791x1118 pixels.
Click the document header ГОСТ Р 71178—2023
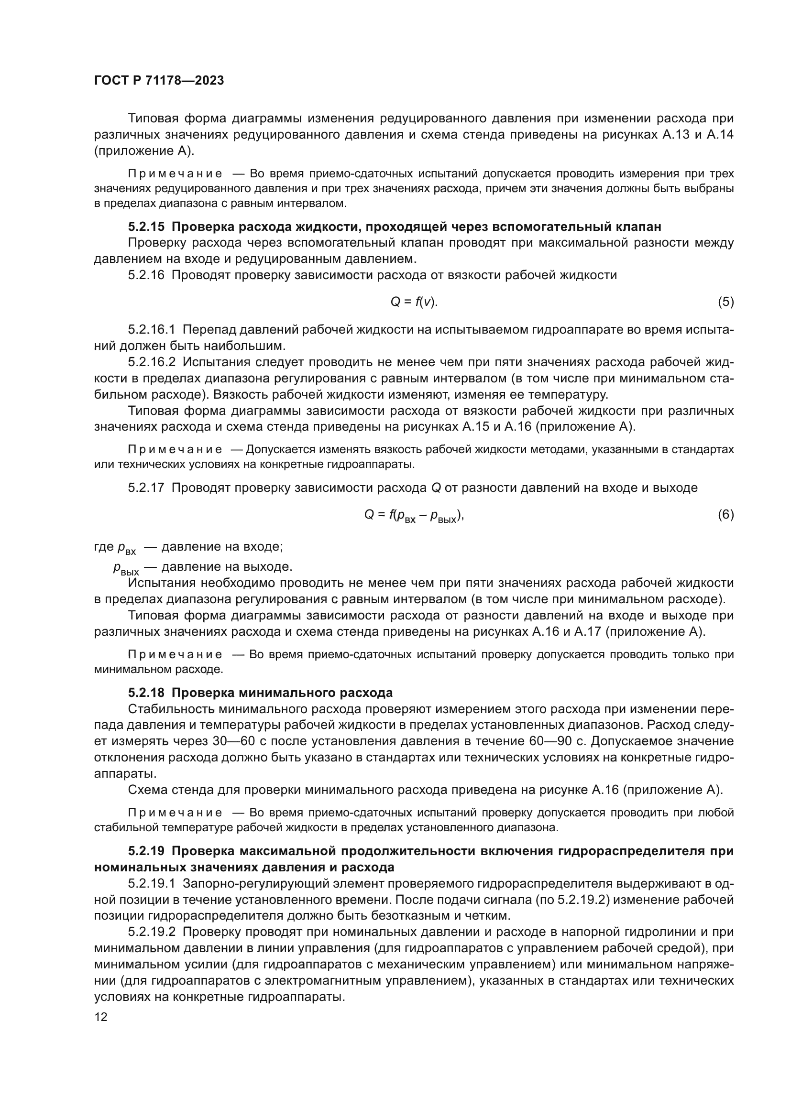pyautogui.click(x=159, y=81)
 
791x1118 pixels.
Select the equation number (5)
pyautogui.click(x=726, y=302)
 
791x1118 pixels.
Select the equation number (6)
pyautogui.click(x=726, y=515)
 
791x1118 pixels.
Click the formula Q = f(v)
pyautogui.click(x=414, y=303)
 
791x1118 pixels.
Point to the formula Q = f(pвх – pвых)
pyautogui.click(x=414, y=515)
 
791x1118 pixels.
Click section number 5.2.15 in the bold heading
pyautogui.click(x=147, y=227)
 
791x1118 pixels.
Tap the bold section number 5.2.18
pyautogui.click(x=147, y=693)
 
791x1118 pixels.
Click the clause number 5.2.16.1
pyautogui.click(x=152, y=330)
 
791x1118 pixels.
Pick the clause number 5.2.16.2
pyautogui.click(x=152, y=362)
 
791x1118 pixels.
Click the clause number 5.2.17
pyautogui.click(x=147, y=488)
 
